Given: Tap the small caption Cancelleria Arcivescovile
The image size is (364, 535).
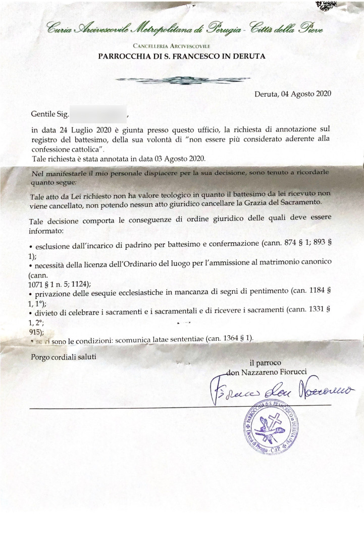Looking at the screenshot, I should (182, 46).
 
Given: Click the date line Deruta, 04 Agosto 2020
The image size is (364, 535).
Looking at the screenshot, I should (293, 94).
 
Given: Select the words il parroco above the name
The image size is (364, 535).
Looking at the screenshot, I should (266, 363).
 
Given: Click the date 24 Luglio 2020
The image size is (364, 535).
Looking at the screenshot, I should (76, 130).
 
